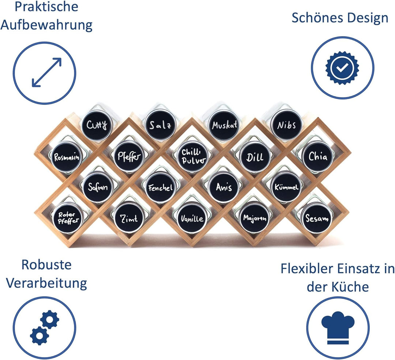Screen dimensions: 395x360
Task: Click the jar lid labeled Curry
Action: coord(97,124)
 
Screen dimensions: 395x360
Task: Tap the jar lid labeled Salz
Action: coord(160,125)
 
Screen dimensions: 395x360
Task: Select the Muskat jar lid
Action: coord(224,125)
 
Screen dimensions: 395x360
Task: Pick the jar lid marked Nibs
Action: coord(286,125)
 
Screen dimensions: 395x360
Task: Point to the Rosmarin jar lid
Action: coord(67,157)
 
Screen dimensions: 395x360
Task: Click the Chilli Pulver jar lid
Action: coord(193,156)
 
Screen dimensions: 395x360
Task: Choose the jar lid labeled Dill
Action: coord(255,157)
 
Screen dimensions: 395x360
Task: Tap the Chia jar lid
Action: coord(318,157)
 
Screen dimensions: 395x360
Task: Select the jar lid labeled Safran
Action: coord(98,187)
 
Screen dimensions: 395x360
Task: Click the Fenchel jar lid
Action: coord(161,187)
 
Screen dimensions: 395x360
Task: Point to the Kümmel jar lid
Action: coord(286,187)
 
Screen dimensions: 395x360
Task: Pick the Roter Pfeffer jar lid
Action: coord(67,218)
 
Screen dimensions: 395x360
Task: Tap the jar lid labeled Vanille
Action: coord(192,218)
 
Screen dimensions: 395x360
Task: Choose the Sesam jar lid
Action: coord(317,218)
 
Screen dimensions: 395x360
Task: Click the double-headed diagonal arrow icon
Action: coord(46,72)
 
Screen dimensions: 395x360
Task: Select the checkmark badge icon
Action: coord(342,68)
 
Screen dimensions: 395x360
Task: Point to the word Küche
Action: coord(350,287)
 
